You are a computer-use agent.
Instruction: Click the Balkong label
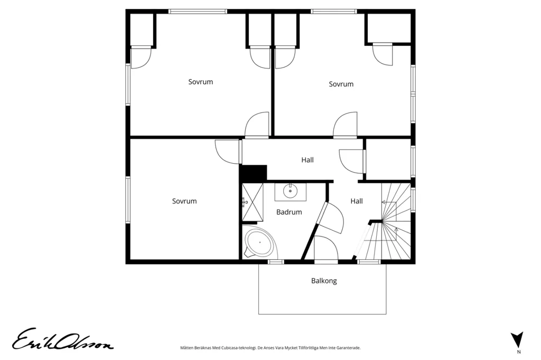pyautogui.click(x=324, y=281)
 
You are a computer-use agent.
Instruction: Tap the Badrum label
pyautogui.click(x=289, y=212)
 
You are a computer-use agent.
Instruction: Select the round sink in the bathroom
pyautogui.click(x=291, y=191)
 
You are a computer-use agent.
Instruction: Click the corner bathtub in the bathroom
pyautogui.click(x=259, y=242)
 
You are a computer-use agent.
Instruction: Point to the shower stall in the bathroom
pyautogui.click(x=253, y=202)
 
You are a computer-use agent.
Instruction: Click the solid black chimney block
pyautogui.click(x=254, y=173)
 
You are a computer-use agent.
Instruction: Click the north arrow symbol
pyautogui.click(x=517, y=339)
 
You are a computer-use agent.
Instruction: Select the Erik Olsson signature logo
pyautogui.click(x=62, y=339)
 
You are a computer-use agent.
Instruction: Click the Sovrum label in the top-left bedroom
pyautogui.click(x=200, y=82)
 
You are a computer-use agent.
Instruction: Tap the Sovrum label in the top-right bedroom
pyautogui.click(x=341, y=84)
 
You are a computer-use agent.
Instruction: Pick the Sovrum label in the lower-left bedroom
pyautogui.click(x=184, y=202)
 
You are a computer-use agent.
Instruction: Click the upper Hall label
pyautogui.click(x=307, y=160)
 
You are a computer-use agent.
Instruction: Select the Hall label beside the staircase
pyautogui.click(x=357, y=201)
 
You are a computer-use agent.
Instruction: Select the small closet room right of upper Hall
pyautogui.click(x=388, y=159)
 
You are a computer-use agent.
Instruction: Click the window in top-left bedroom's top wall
pyautogui.click(x=198, y=12)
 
